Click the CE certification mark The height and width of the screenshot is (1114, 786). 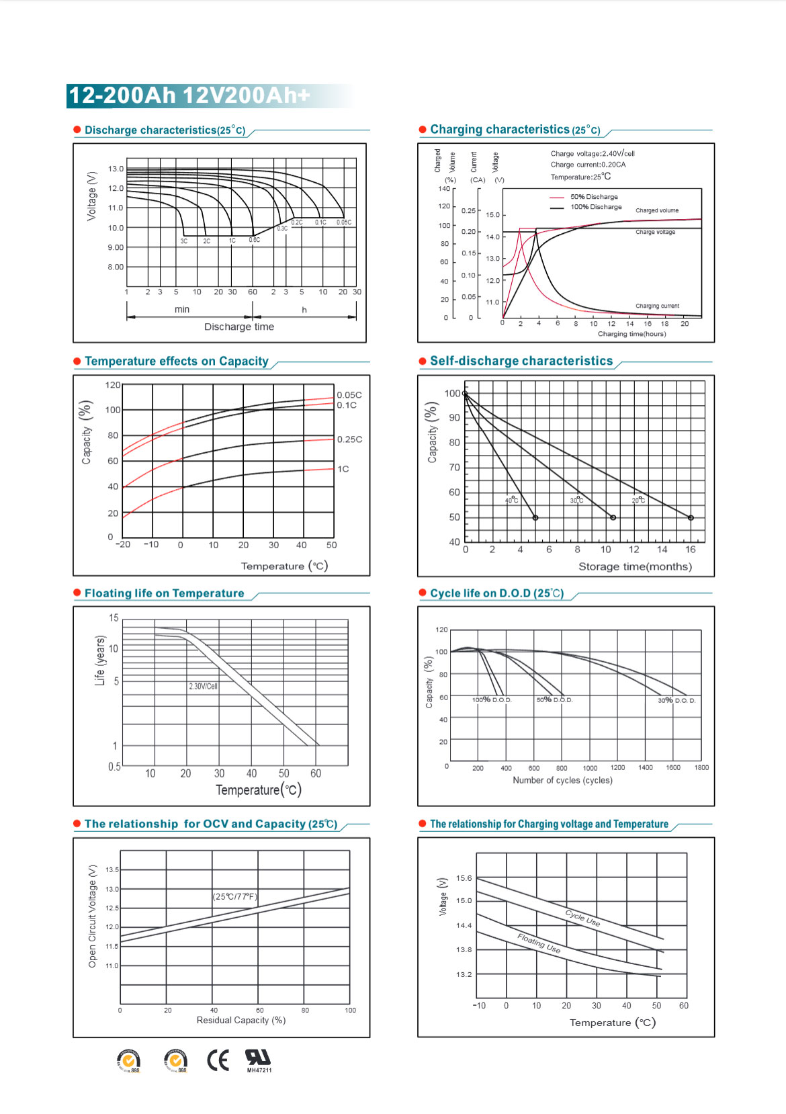(x=218, y=1060)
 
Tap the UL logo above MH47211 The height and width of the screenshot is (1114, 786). (x=257, y=1057)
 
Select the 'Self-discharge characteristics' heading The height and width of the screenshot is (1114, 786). (x=521, y=361)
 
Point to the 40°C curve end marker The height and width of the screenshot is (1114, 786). (x=535, y=517)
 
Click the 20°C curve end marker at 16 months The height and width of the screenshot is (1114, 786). (x=691, y=517)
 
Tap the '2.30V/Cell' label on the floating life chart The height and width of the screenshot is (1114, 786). (x=203, y=686)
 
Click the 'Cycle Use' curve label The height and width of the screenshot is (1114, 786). (x=582, y=918)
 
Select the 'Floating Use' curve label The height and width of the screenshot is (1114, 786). (x=539, y=943)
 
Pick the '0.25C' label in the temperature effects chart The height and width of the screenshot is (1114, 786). (x=349, y=439)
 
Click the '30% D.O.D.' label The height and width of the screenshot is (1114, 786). (x=676, y=700)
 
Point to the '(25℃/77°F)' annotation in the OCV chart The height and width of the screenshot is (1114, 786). (x=235, y=896)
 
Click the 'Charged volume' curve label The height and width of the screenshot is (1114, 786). (x=657, y=210)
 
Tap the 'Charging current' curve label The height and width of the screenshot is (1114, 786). (x=657, y=306)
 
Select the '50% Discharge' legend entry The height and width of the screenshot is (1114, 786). (x=594, y=197)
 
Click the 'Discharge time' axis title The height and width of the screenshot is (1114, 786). (x=239, y=327)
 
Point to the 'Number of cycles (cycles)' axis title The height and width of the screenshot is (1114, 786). (x=562, y=780)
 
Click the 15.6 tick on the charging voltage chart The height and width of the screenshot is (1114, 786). (x=464, y=878)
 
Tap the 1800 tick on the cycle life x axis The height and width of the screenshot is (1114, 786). (x=701, y=767)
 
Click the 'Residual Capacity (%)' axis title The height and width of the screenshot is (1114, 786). (x=241, y=1020)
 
